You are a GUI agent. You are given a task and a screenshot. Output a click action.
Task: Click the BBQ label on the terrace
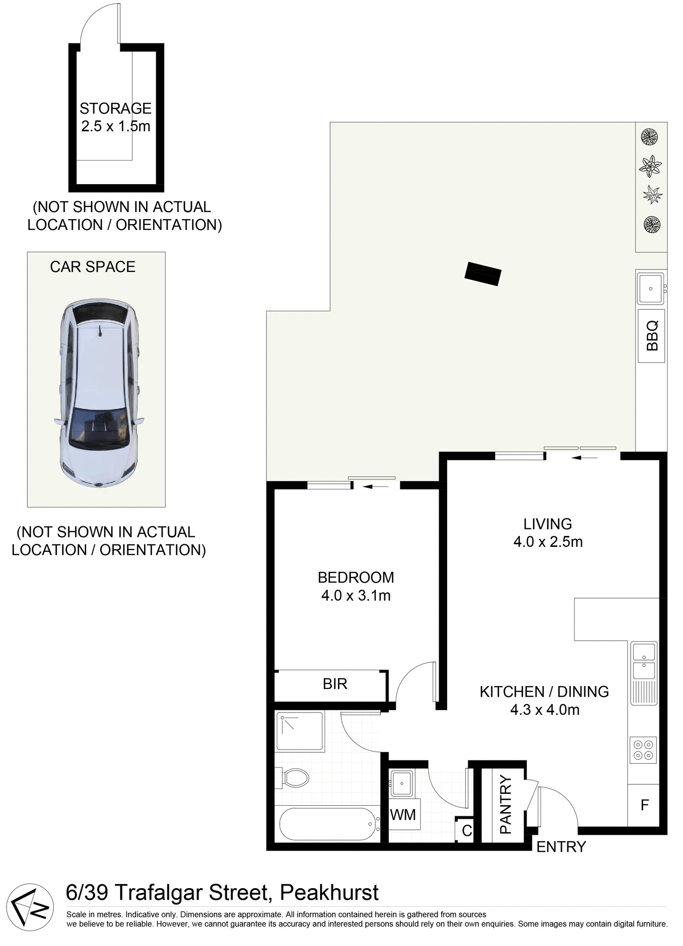tap(652, 336)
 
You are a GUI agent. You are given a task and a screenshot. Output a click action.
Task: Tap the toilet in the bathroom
tap(295, 777)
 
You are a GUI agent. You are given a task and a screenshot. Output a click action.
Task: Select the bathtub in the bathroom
tap(327, 824)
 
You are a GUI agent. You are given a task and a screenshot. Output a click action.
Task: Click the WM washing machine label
tap(403, 815)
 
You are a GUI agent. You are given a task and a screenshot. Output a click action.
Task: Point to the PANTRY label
tap(506, 804)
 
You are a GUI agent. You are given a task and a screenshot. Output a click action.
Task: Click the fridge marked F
tap(644, 805)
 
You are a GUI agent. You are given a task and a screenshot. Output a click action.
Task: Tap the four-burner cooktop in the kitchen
tap(643, 750)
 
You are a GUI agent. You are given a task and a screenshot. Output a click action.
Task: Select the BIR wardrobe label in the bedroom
tap(335, 684)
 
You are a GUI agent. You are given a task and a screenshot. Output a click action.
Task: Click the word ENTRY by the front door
tap(560, 847)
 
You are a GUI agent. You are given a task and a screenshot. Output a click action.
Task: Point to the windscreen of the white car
tap(98, 428)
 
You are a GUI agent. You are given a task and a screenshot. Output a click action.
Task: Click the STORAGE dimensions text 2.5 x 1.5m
tap(116, 126)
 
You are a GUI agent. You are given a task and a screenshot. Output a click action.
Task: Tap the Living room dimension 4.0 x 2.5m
tap(548, 541)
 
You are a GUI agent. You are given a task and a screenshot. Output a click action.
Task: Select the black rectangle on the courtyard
tap(483, 273)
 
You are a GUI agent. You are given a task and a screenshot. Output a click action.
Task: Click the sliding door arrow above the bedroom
tap(377, 486)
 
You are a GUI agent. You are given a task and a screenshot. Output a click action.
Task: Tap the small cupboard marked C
tap(467, 831)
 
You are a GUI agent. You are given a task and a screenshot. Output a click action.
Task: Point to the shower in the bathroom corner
tap(300, 731)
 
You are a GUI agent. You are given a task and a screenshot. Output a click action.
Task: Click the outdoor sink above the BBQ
tap(650, 288)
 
